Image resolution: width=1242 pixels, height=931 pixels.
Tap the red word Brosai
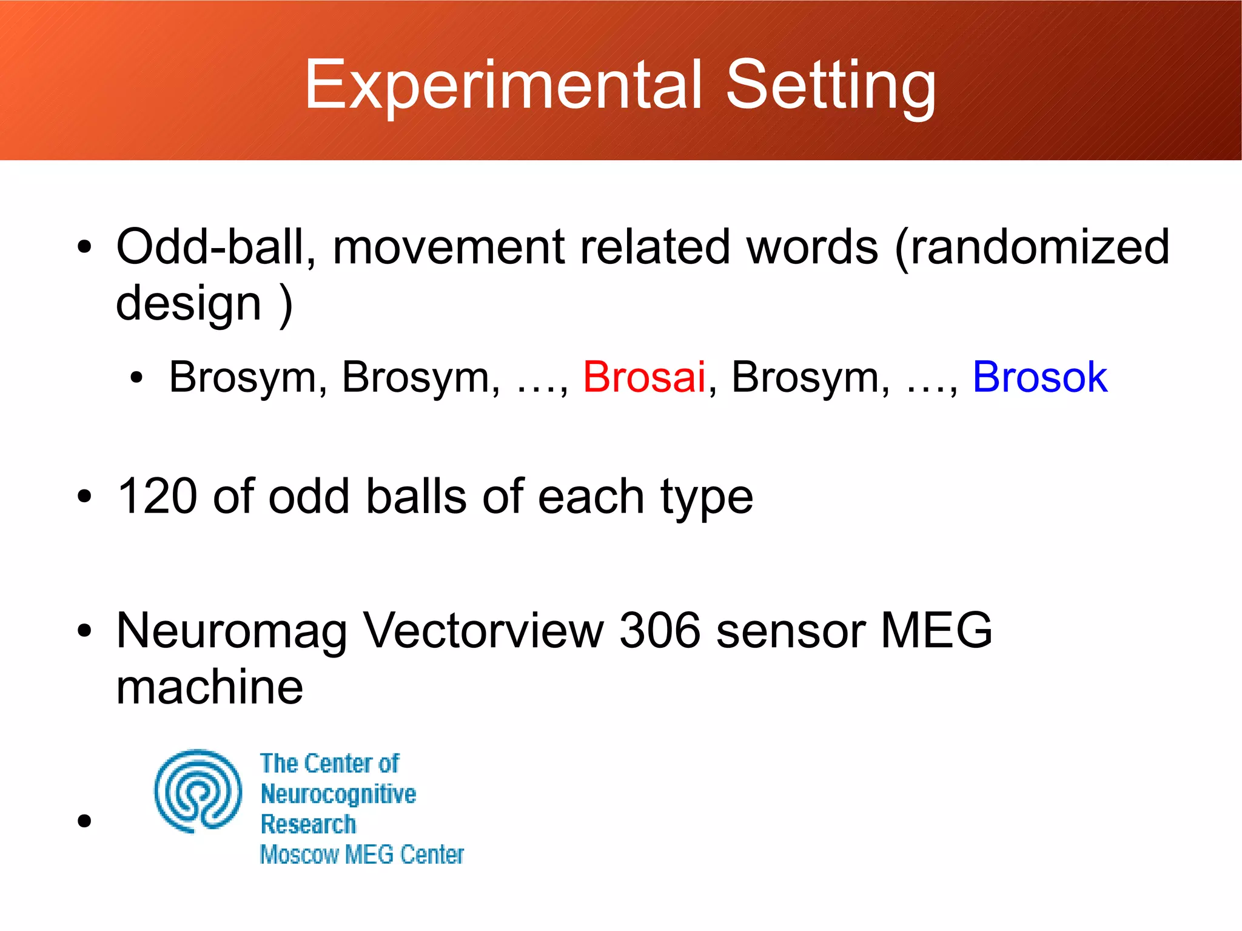(644, 377)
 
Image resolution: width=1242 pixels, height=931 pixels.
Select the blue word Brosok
(1039, 377)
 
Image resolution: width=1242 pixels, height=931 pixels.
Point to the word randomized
(1032, 247)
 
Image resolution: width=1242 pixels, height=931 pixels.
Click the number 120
(156, 496)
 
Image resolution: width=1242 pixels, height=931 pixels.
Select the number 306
(659, 631)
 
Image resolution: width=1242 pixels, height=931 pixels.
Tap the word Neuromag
(231, 631)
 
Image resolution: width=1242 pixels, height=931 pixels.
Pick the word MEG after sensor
(936, 631)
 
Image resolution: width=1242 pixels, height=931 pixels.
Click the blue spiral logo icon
(198, 791)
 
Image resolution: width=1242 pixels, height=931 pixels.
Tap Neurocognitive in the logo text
(338, 794)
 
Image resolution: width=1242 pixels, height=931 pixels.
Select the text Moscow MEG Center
(361, 855)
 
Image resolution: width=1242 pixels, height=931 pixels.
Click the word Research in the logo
(308, 824)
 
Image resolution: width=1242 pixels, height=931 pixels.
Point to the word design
(188, 303)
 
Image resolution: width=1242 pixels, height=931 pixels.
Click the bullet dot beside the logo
(84, 821)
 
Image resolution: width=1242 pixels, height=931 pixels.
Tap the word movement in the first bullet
(448, 247)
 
